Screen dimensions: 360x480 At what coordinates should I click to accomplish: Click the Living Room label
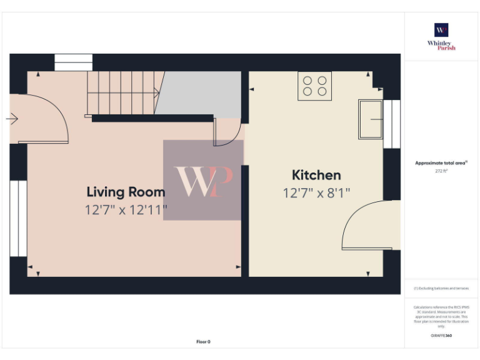click(x=126, y=192)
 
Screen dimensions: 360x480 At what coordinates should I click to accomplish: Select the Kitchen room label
click(x=316, y=175)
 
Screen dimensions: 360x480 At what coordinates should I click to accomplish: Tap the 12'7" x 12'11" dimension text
click(x=126, y=210)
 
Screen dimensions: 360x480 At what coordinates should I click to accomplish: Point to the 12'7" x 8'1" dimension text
click(x=316, y=192)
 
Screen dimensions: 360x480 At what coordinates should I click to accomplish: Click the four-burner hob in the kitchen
click(x=315, y=86)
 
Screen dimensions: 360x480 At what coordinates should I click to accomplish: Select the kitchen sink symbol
click(x=370, y=119)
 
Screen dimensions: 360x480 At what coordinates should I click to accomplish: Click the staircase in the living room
click(x=122, y=94)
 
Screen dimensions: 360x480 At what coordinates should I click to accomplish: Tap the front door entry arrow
click(x=12, y=117)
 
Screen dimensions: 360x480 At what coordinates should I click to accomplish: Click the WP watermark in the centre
click(x=203, y=180)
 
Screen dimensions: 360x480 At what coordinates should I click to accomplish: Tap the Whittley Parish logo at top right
click(x=441, y=36)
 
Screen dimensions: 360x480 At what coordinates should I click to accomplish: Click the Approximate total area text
click(x=441, y=163)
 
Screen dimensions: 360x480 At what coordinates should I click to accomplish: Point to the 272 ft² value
click(x=441, y=171)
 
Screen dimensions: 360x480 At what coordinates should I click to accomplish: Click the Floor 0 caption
click(x=203, y=342)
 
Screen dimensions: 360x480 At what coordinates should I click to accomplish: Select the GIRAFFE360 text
click(x=441, y=336)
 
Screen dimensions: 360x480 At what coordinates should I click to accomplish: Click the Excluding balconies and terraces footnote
click(x=441, y=288)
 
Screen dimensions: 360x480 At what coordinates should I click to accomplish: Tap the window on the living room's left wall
click(x=18, y=218)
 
